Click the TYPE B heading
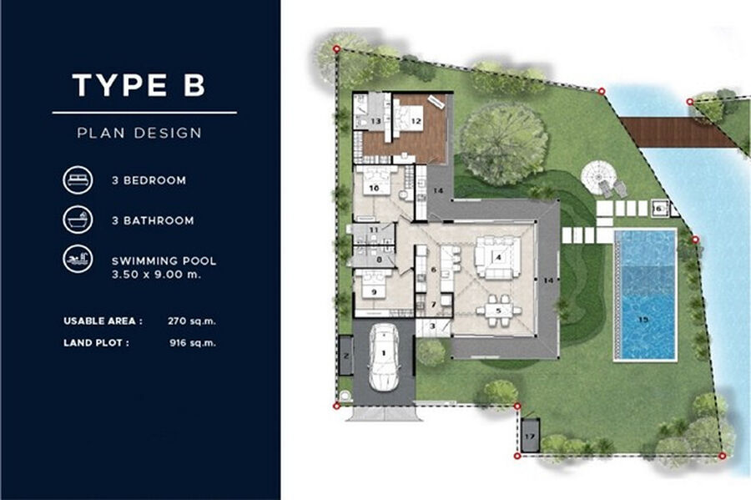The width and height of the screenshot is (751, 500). pos(139,85)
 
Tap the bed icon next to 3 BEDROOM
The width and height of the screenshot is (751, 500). pos(78,180)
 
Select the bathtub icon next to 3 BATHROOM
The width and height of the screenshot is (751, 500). pos(78,220)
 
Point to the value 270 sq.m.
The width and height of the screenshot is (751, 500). pos(192,321)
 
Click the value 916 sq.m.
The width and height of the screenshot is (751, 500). pos(193,343)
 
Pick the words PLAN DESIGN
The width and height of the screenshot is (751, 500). pos(139,133)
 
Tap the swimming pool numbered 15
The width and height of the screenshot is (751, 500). pos(646,295)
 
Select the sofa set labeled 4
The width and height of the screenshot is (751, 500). pos(497,257)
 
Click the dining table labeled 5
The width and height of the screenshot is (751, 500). pos(498,311)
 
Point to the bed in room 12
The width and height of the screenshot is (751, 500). pos(410,119)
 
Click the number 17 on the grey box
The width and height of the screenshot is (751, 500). pos(529,437)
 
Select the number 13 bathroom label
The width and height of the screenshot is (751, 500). pos(375,121)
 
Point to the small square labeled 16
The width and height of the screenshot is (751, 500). pos(659,209)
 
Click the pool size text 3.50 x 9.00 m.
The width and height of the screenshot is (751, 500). pos(156,275)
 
